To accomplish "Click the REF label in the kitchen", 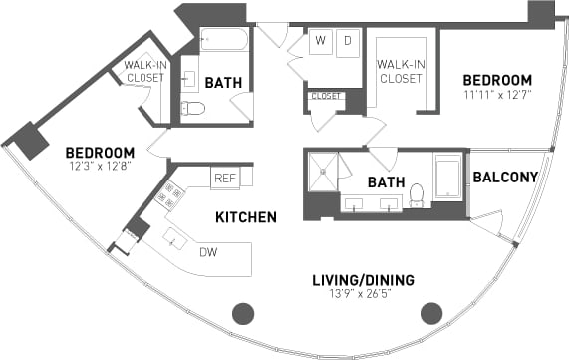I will point(224,178).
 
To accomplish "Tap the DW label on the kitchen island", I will point(208,253).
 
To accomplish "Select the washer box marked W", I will point(321,42).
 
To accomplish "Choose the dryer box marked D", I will point(348,42).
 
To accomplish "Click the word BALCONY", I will point(505,178).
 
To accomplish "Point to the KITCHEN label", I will point(246,216).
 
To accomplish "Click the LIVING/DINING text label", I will point(361,280).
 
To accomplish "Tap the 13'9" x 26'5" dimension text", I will point(361,296).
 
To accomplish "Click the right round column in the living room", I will point(431,313).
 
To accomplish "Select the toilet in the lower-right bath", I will point(417,195).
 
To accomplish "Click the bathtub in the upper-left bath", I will point(224,40).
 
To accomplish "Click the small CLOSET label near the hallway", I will point(326,97).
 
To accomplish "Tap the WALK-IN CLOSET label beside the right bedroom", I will point(402,72).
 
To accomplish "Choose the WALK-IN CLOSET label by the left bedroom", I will point(144,72).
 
